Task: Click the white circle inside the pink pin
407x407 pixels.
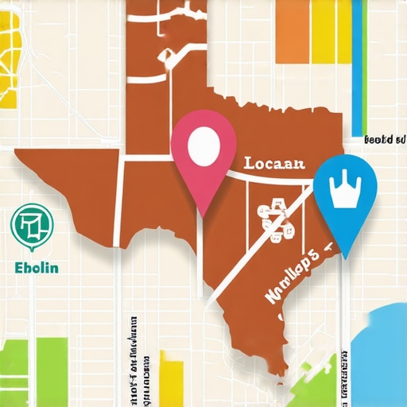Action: (204, 144)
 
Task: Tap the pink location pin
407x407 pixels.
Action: (204, 159)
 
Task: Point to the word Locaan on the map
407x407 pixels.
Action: (273, 165)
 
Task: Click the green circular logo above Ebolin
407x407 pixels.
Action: (29, 225)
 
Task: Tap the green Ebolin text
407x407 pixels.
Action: (37, 267)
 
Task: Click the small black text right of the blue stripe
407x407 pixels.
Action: (381, 140)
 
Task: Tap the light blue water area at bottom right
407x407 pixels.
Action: (382, 350)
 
